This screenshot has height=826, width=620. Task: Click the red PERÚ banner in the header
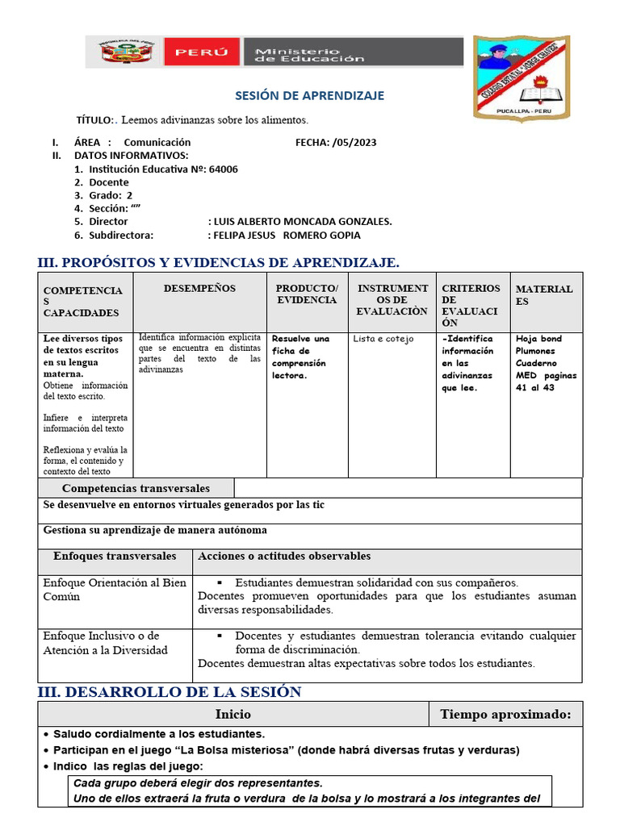coord(202,52)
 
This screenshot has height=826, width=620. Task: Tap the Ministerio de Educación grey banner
coord(352,52)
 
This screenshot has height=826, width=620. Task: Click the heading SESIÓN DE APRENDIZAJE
coord(309,96)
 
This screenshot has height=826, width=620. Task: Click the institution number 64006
coord(223,169)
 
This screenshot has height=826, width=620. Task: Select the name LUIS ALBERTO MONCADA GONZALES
coord(300,221)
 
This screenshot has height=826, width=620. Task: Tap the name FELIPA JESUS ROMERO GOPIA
coord(284,235)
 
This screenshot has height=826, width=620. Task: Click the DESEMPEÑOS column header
coord(199,289)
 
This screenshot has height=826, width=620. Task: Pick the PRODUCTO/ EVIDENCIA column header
coord(307,294)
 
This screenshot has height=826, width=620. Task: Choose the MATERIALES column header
coord(544,295)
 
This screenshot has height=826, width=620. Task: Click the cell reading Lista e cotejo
coord(383,340)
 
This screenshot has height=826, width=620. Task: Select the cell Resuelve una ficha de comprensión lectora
coord(300,357)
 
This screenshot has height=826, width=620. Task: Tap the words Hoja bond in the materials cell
coord(538,340)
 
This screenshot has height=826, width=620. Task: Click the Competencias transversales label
coord(136,489)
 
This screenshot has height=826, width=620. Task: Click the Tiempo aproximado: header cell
coord(505,715)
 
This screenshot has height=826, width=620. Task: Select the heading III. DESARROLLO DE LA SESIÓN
coord(170,692)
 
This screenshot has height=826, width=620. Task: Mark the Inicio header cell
coord(232,715)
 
